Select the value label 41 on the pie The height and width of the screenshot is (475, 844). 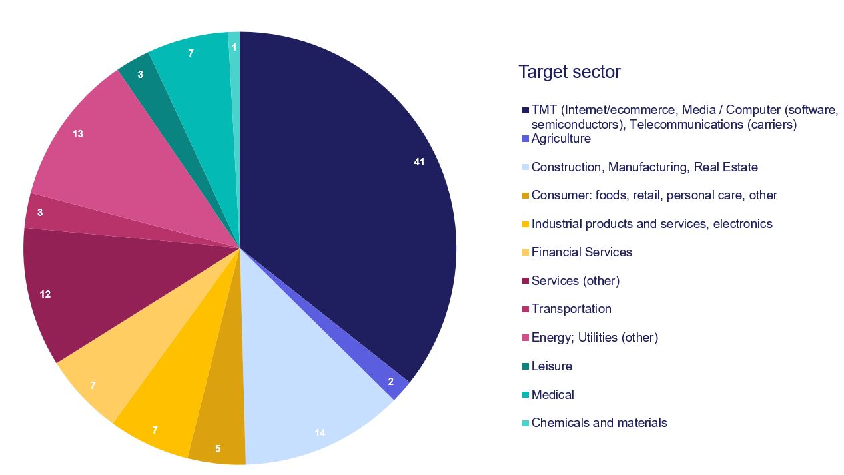tap(418, 162)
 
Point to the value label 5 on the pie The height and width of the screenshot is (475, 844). tap(218, 449)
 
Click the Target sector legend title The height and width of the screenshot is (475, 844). tap(570, 72)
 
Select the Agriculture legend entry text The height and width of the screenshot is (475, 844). tap(561, 139)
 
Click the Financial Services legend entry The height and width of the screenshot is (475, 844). tap(582, 252)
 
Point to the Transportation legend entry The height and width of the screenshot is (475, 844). tap(571, 309)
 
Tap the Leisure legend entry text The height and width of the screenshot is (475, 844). tap(552, 366)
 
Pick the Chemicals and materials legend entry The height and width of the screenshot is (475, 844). tap(599, 423)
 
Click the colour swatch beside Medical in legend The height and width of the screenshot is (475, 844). tap(526, 395)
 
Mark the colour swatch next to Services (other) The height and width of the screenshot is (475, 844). tap(526, 281)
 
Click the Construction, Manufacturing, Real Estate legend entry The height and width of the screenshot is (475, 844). tap(644, 167)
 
